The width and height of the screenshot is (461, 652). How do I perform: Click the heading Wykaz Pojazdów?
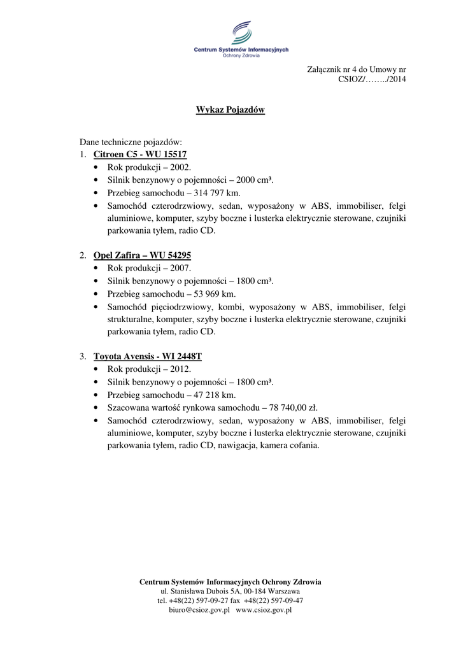pos(230,110)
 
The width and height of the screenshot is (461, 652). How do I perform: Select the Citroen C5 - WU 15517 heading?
pos(140,154)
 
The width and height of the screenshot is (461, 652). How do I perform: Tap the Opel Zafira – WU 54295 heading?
pos(142,255)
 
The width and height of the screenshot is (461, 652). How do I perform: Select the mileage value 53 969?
pos(209,294)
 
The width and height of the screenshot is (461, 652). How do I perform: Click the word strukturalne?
pos(129,319)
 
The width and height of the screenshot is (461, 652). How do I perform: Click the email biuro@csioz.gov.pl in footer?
pos(199,610)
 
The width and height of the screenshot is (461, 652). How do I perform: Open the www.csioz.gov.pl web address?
pos(264,610)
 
